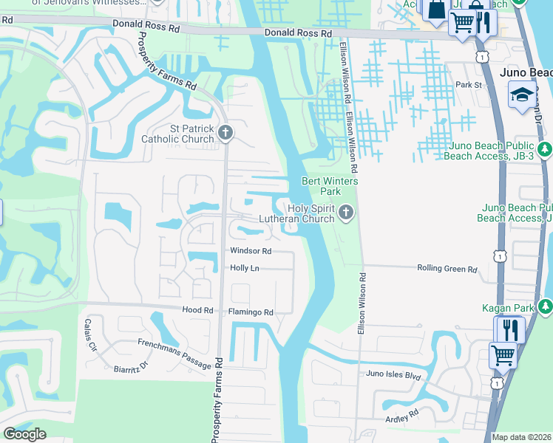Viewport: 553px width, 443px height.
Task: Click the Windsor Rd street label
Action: [x=251, y=251]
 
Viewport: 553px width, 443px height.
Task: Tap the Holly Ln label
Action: [x=245, y=268]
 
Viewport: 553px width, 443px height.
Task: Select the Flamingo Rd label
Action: [x=251, y=312]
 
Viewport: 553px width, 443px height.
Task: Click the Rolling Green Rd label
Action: [x=447, y=269]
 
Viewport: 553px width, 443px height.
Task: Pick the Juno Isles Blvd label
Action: [x=393, y=374]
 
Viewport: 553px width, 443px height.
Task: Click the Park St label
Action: [x=469, y=85]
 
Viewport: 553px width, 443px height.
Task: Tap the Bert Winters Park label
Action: [x=330, y=186]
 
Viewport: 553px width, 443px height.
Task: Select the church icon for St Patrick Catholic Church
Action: [x=225, y=133]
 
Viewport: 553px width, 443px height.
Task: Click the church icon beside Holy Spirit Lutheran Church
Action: [x=345, y=214]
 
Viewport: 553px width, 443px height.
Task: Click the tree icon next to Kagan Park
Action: [x=545, y=305]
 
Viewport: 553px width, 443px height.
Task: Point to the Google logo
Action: [x=24, y=434]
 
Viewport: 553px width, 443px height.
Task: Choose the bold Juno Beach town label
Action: [x=526, y=72]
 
